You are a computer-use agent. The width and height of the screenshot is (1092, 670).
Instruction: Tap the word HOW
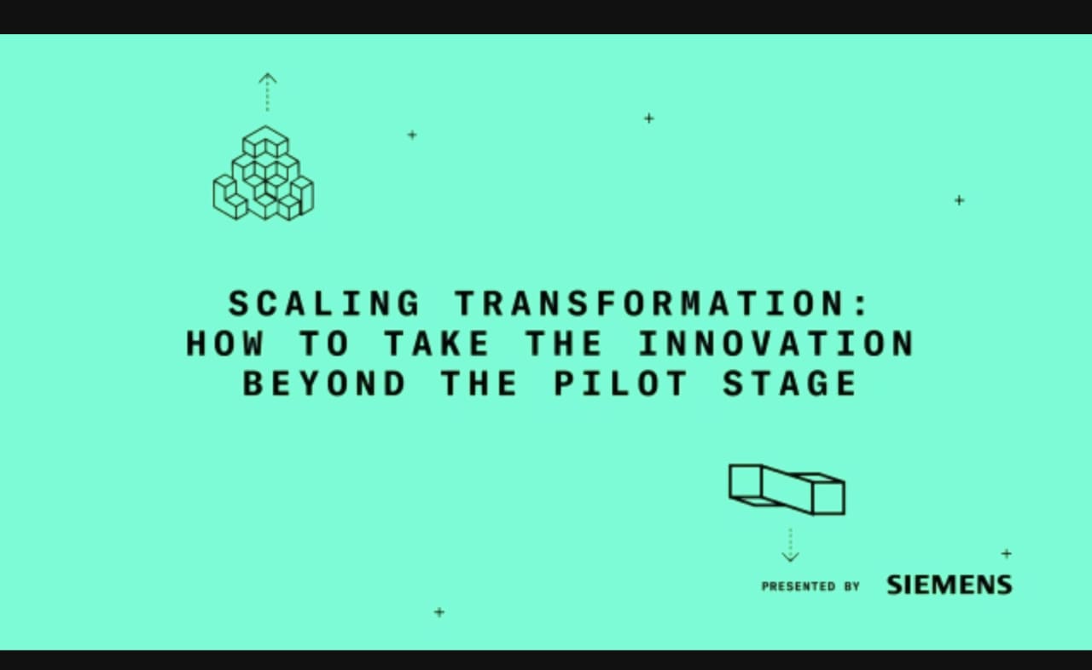pyautogui.click(x=225, y=344)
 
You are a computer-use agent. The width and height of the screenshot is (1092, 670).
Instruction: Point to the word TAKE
pyautogui.click(x=436, y=344)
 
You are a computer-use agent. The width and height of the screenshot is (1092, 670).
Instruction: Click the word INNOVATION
pyautogui.click(x=775, y=344)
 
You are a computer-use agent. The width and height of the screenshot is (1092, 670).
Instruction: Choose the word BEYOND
pyautogui.click(x=324, y=384)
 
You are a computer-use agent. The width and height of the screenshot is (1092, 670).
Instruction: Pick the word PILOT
pyautogui.click(x=620, y=384)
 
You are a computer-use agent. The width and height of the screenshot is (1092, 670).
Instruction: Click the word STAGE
pyautogui.click(x=789, y=384)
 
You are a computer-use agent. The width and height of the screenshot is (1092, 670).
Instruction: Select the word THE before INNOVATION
pyautogui.click(x=563, y=344)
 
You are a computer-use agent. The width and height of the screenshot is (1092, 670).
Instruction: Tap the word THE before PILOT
pyautogui.click(x=479, y=384)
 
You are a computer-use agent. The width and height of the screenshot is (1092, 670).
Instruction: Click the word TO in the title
pyautogui.click(x=324, y=344)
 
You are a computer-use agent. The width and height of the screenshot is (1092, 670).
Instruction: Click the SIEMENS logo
pyautogui.click(x=949, y=585)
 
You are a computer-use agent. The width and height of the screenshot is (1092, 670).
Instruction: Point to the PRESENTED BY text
pyautogui.click(x=810, y=586)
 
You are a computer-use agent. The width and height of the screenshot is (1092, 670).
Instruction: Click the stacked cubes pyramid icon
pyautogui.click(x=263, y=175)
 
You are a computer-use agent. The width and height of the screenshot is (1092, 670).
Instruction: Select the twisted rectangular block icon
pyautogui.click(x=787, y=489)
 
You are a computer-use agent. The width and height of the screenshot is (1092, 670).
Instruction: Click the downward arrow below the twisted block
pyautogui.click(x=790, y=546)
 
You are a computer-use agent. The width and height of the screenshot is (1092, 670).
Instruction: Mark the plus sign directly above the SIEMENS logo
pyautogui.click(x=1007, y=553)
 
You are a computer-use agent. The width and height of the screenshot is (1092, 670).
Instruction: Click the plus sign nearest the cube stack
pyautogui.click(x=412, y=135)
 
